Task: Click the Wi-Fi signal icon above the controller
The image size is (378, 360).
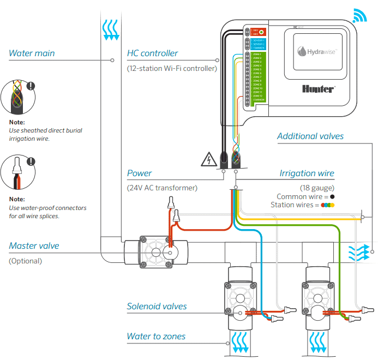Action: (x=360, y=17)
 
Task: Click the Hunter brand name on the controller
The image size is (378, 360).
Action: (x=318, y=88)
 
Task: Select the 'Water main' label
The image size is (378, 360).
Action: (x=32, y=53)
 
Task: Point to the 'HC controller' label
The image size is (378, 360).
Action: (x=152, y=53)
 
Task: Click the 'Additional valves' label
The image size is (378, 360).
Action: (x=310, y=136)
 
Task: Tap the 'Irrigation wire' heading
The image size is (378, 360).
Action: (x=307, y=173)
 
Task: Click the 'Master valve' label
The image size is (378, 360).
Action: (x=34, y=246)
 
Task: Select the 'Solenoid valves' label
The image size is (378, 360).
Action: (x=157, y=307)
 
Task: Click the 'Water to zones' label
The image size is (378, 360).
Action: (x=156, y=337)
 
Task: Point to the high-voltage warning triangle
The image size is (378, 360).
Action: (x=208, y=160)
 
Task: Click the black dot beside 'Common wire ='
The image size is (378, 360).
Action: (x=332, y=196)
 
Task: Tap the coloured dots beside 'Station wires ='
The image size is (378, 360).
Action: (x=328, y=205)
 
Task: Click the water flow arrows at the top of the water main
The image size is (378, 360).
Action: (x=111, y=29)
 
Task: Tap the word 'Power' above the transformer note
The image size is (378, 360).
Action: (x=139, y=173)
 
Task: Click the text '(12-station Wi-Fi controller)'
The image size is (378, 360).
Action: (x=172, y=68)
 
